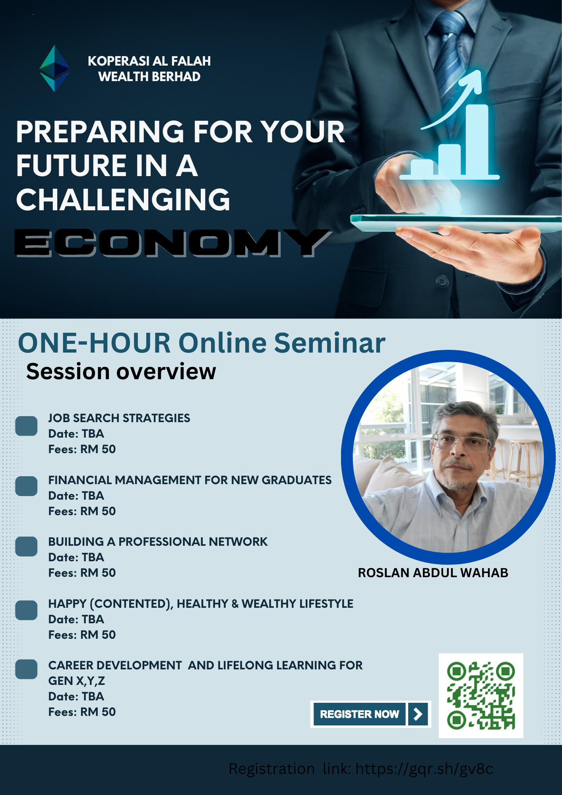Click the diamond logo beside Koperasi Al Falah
tap(54, 68)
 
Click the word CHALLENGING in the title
tap(123, 199)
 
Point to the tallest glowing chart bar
tap(477, 140)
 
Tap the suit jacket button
tap(442, 282)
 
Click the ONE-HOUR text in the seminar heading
tap(94, 343)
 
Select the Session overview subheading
tap(121, 372)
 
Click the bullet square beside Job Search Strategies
tap(26, 426)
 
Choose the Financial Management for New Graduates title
tap(190, 480)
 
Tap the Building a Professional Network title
tap(158, 542)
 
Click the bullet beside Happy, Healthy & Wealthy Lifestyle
tap(26, 610)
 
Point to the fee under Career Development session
tap(82, 712)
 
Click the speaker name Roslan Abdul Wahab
tap(433, 573)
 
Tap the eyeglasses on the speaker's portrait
tap(461, 442)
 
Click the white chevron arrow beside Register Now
tap(418, 714)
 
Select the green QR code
tap(481, 696)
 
